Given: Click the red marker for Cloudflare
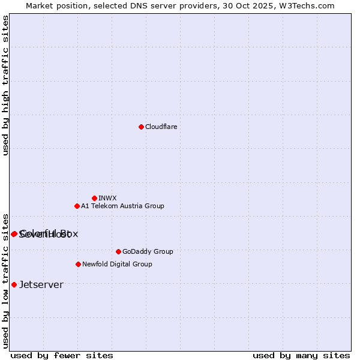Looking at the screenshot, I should click(x=141, y=127).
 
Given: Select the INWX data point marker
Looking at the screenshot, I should click(x=94, y=198).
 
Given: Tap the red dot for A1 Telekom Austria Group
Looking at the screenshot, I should click(x=77, y=206).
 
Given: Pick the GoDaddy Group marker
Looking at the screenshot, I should click(x=118, y=251).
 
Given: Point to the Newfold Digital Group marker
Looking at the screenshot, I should click(x=78, y=264).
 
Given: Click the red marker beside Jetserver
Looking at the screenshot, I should click(x=14, y=284).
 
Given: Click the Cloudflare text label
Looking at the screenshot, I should click(x=161, y=127).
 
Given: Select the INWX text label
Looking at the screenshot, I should click(x=107, y=198).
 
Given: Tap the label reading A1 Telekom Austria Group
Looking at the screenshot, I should click(x=122, y=206).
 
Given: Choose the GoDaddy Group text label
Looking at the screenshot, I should click(x=148, y=251).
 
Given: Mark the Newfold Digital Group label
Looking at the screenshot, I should click(x=117, y=264).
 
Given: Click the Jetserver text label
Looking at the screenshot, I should click(x=41, y=284).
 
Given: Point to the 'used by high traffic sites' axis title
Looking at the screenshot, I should click(x=5, y=85).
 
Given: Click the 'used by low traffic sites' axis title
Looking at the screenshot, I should click(x=5, y=280).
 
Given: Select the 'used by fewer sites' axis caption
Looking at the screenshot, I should click(x=62, y=355).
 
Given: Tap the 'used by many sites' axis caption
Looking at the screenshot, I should click(x=301, y=355).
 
